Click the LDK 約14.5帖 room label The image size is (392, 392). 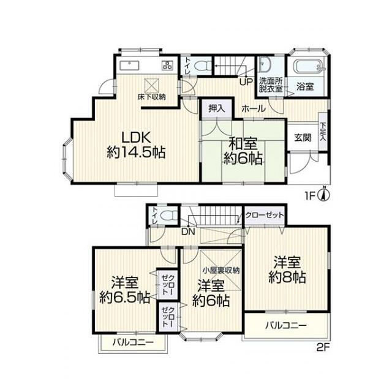(136, 145)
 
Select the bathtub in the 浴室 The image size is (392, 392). (309, 66)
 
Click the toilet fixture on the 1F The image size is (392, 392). (202, 66)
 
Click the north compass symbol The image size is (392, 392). (324, 194)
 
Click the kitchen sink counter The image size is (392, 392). (129, 66)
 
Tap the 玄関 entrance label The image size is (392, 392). (303, 137)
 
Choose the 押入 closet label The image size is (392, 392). (217, 109)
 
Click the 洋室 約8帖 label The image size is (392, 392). (287, 269)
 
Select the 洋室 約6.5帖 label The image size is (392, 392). (124, 290)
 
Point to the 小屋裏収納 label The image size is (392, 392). (221, 270)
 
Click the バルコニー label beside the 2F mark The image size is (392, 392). (286, 325)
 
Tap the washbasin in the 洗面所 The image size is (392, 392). (263, 62)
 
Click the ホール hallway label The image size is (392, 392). (254, 109)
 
